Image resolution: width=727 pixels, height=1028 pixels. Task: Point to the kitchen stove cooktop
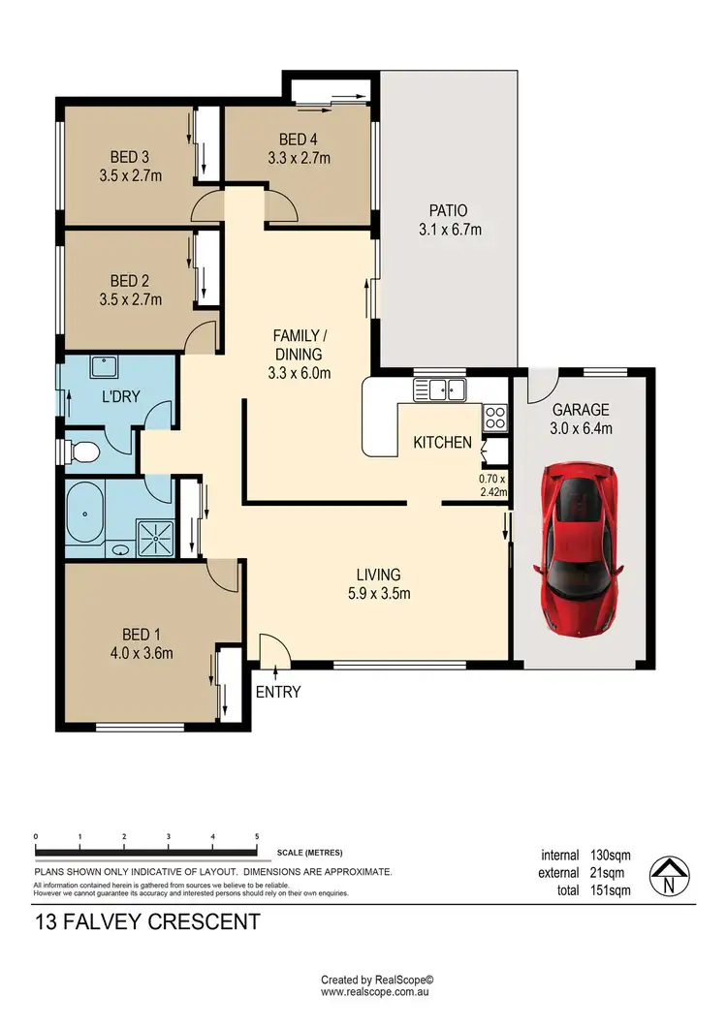(494, 418)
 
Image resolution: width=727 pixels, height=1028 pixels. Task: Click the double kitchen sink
(440, 390)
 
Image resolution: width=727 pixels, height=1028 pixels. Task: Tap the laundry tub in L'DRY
(103, 367)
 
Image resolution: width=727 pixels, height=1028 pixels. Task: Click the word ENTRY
(278, 692)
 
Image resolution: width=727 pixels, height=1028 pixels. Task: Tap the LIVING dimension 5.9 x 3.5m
(377, 593)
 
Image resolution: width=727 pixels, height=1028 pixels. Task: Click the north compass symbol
(669, 875)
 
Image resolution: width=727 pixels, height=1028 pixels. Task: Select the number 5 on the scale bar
(257, 836)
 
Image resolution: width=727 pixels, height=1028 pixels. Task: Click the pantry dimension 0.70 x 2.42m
(493, 484)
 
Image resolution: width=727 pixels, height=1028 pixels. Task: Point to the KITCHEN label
(443, 443)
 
